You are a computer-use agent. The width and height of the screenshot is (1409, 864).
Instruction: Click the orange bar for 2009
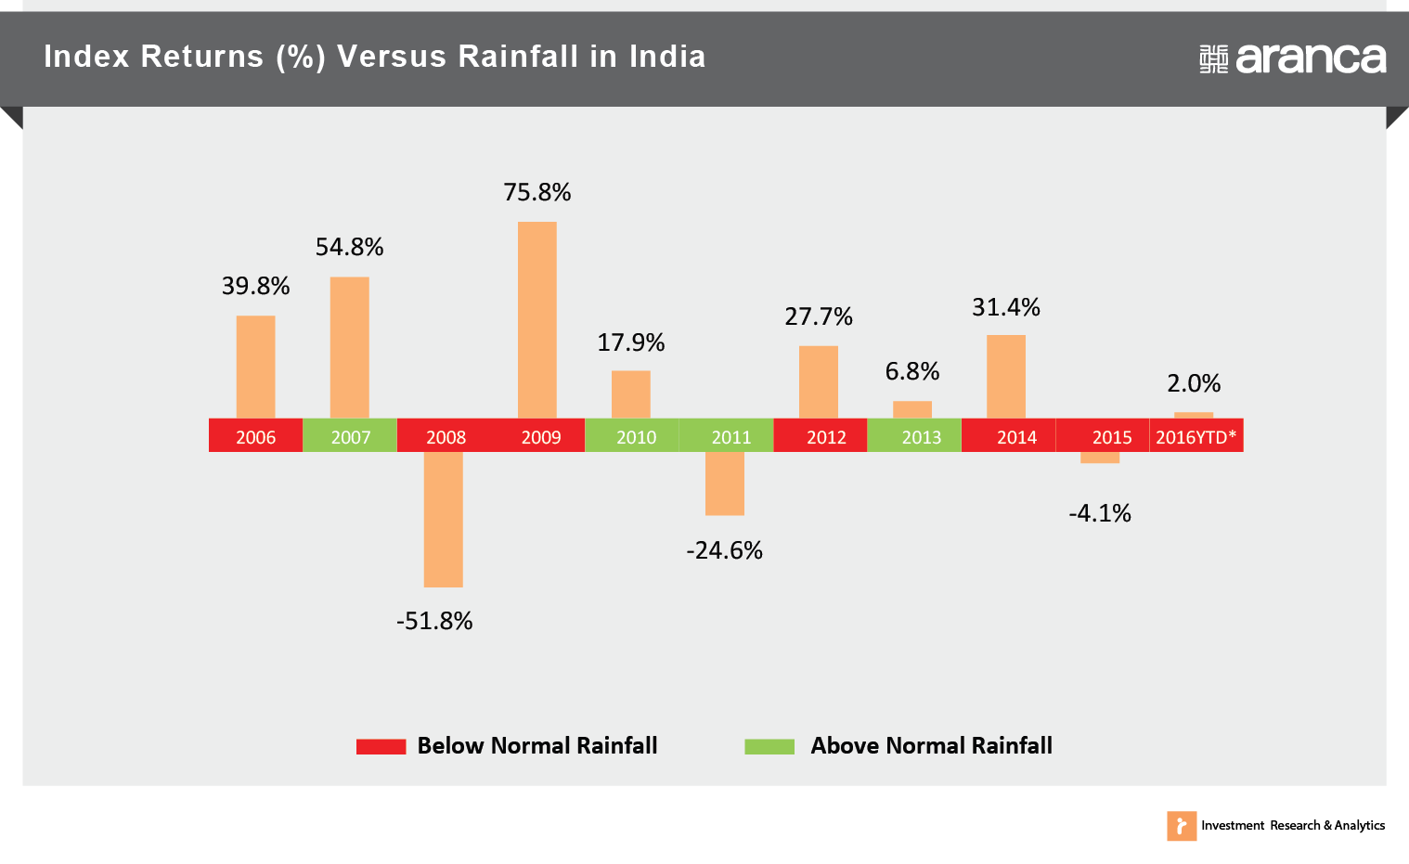[537, 320]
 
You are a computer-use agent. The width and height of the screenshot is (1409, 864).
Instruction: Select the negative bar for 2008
[444, 520]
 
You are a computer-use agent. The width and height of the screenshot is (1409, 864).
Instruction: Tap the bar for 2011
[725, 484]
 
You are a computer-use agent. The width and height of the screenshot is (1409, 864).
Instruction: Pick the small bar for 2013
[912, 410]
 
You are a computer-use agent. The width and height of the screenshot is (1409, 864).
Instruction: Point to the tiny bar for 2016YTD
[1194, 416]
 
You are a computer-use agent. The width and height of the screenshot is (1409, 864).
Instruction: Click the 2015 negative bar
[1100, 458]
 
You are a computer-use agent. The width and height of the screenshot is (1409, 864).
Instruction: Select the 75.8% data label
[537, 192]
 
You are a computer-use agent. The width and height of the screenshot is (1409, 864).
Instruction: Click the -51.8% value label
[434, 621]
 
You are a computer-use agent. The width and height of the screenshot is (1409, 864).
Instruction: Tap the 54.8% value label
[349, 247]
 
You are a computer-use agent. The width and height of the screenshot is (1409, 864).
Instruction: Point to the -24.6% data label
[725, 551]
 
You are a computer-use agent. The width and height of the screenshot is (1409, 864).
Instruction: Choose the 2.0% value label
[1194, 383]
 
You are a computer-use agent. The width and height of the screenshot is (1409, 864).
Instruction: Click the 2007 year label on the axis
[351, 437]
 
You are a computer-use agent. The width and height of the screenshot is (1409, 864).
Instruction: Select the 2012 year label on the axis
[826, 437]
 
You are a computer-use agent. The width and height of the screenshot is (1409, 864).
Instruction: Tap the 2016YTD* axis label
[1196, 437]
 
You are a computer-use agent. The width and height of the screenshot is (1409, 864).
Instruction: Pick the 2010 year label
[636, 437]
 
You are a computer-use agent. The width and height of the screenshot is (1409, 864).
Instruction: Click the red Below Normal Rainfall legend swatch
[381, 746]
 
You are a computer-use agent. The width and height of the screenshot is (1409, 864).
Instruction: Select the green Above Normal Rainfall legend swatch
[769, 746]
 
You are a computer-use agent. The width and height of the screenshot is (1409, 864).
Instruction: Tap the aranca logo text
[1311, 58]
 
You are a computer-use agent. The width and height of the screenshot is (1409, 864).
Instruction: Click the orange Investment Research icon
[1182, 826]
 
